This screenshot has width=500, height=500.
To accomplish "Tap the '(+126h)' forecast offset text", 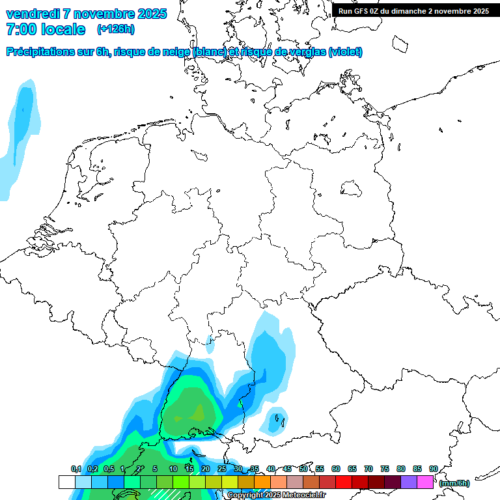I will [x=115, y=29].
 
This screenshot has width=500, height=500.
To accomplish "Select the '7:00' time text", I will [x=20, y=30].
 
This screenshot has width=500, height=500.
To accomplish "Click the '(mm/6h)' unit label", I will [x=454, y=483].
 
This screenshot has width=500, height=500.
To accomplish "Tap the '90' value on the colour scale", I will [x=433, y=469].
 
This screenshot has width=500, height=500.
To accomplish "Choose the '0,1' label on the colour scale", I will [x=76, y=469].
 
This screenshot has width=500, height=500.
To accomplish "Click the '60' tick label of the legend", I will [x=336, y=469].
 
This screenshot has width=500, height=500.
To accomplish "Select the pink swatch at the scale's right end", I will [x=425, y=482].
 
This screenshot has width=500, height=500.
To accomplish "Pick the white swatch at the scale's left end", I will [x=67, y=482].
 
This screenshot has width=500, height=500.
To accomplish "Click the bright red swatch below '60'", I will [x=344, y=482].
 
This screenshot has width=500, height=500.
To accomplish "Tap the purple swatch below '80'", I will [x=409, y=482].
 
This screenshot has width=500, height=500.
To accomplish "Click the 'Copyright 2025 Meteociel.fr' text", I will [x=276, y=495].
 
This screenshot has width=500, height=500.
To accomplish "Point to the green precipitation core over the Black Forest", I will [x=191, y=410].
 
